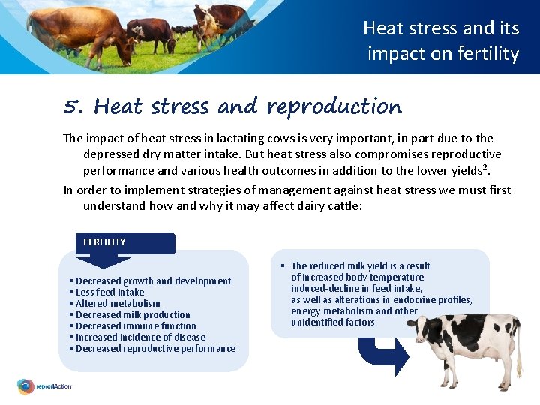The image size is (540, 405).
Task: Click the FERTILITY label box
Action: (x=125, y=242)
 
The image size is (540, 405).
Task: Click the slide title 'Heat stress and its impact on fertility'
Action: (x=442, y=40)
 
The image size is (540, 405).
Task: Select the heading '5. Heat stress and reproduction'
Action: (x=232, y=107)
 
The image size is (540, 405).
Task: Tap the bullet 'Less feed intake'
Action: (x=109, y=292)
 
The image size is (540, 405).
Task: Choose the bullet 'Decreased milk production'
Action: (x=133, y=314)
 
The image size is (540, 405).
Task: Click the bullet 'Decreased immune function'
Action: (x=136, y=325)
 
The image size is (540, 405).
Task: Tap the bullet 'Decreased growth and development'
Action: (x=153, y=280)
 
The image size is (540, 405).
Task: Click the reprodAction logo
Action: (x=45, y=387)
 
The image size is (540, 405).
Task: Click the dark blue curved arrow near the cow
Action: (x=382, y=352)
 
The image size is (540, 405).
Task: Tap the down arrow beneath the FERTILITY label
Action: (x=104, y=259)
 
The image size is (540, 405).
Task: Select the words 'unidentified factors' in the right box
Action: (x=334, y=322)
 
